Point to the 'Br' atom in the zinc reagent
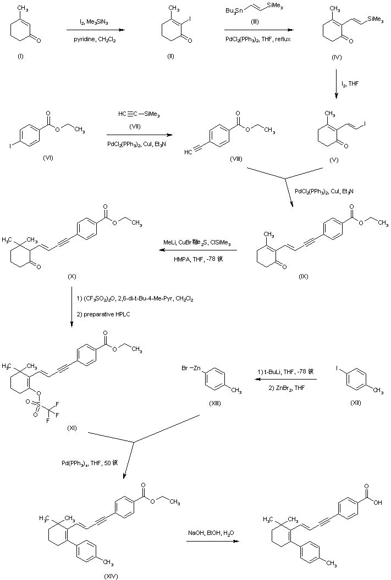point(185,367)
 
